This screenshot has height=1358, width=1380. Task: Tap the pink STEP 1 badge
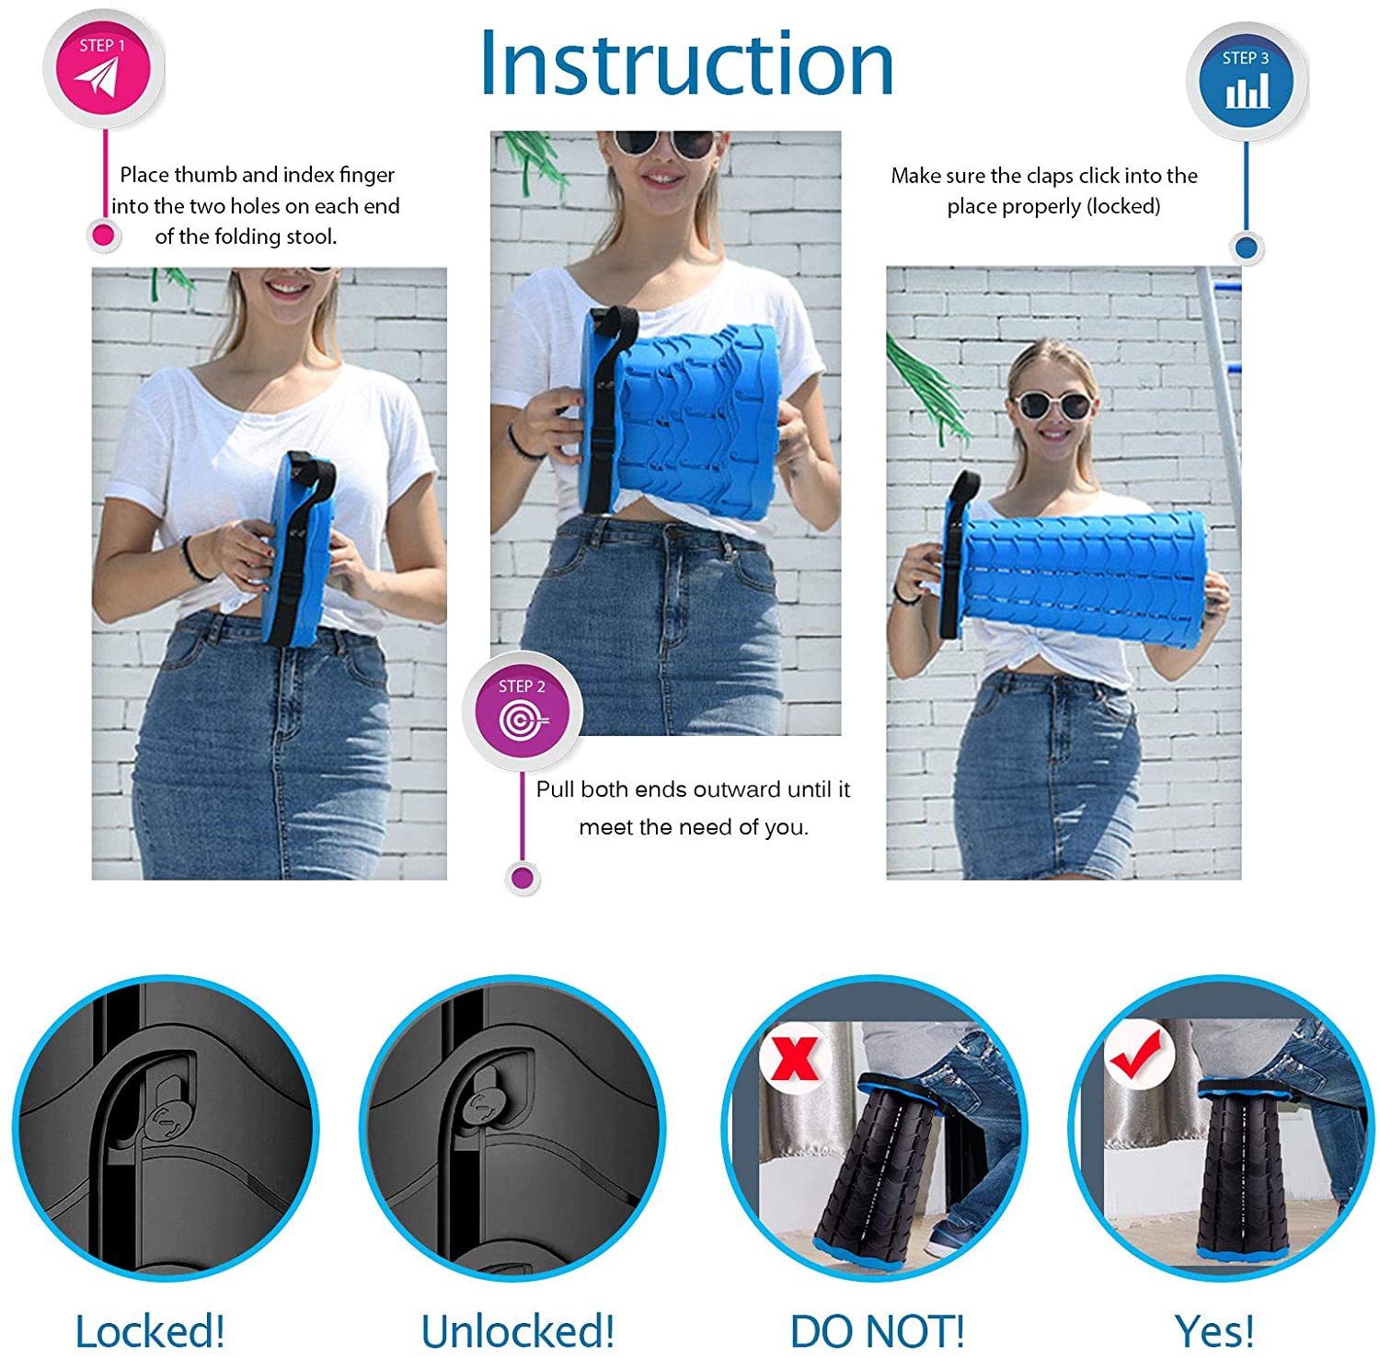pos(103,68)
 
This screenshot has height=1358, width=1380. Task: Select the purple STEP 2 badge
pos(522,710)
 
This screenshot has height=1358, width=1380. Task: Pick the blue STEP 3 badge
pos(1247,81)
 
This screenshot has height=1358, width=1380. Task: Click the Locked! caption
pos(150,1330)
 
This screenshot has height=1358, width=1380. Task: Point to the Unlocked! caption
pos(517,1330)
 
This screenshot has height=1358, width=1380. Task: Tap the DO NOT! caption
pos(878,1330)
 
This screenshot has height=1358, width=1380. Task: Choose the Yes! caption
pos(1214,1330)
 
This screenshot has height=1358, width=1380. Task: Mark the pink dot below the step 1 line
pos(103,236)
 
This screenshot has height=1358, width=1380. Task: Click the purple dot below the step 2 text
pos(523,878)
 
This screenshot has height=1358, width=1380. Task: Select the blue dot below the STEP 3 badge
pos(1246,247)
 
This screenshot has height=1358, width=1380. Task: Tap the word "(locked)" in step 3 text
pos(1123,206)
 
